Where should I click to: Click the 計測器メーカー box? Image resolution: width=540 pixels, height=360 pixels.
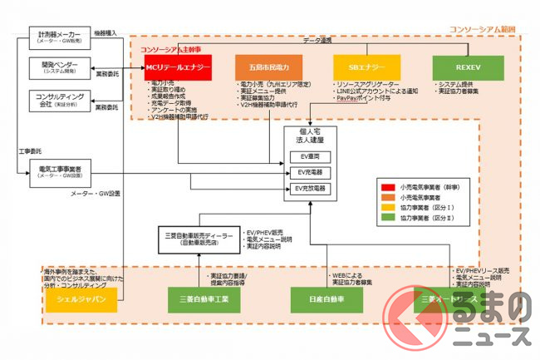click(x=56, y=39)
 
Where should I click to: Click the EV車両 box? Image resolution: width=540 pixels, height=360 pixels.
click(x=308, y=156)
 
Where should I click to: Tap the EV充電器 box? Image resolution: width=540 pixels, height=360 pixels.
click(x=308, y=173)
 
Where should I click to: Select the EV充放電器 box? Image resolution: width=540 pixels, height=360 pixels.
click(x=308, y=190)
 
